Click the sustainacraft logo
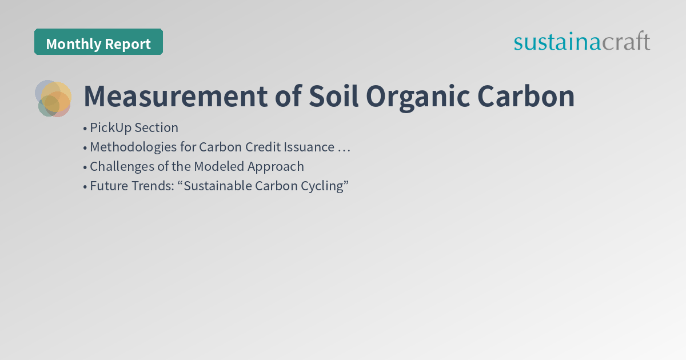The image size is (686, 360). (x=581, y=42)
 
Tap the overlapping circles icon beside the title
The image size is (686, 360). (x=53, y=98)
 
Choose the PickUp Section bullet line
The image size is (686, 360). (x=134, y=127)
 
